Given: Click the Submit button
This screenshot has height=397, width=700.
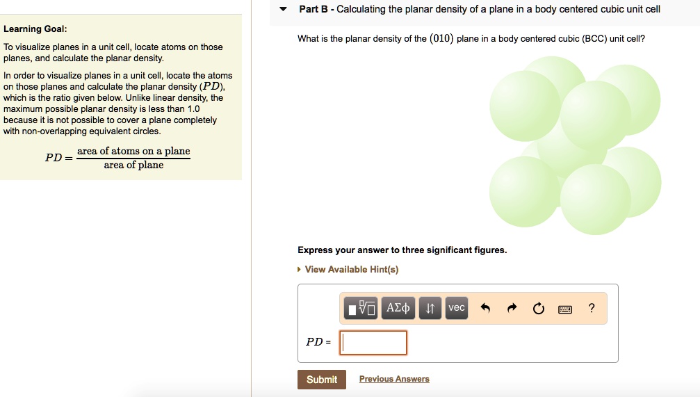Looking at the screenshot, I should [322, 380].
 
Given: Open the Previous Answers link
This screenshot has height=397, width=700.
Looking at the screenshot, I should [394, 379].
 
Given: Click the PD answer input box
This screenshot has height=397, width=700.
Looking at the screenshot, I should [373, 342].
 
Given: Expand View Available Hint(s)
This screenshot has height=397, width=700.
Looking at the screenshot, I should [351, 270].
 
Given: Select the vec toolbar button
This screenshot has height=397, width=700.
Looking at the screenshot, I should [457, 308].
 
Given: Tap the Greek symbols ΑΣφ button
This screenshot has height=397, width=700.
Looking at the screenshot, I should [398, 308].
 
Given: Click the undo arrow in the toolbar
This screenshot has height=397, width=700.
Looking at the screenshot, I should [485, 309].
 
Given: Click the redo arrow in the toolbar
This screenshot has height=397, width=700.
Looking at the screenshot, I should [512, 309].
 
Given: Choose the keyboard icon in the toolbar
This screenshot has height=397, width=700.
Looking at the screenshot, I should [565, 309].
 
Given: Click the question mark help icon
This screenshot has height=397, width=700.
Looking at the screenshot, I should [592, 308].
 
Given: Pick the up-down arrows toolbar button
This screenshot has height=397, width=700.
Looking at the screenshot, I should [430, 308].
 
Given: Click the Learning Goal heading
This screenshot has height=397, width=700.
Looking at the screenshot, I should [35, 29].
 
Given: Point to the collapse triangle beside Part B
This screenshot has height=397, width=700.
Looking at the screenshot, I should [283, 10].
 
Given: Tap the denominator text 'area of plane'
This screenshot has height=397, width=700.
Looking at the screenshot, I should [133, 165].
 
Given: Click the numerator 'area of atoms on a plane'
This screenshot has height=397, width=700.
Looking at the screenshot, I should [133, 151].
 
